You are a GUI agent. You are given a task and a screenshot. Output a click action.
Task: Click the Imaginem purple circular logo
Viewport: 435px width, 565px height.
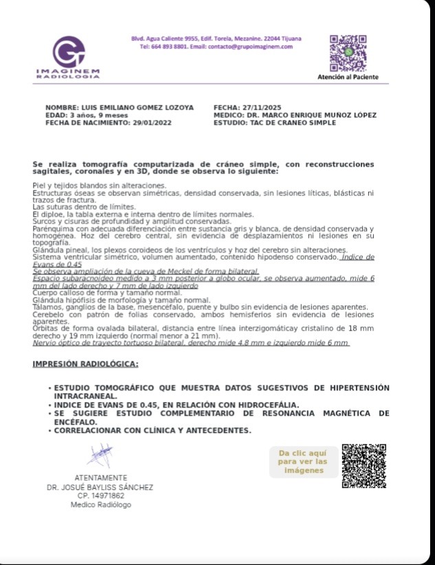tap(68, 52)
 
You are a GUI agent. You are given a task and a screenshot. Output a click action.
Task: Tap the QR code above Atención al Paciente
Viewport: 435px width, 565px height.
tap(347, 52)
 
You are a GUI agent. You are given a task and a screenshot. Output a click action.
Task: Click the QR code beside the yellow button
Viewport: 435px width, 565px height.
tap(364, 465)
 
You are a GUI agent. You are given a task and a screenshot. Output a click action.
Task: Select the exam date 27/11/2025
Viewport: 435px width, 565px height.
tap(258, 108)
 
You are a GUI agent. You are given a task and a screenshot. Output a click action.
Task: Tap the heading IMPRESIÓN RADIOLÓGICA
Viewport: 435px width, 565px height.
tap(85, 364)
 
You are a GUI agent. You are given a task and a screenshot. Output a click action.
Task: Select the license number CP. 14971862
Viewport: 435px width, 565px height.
tap(100, 496)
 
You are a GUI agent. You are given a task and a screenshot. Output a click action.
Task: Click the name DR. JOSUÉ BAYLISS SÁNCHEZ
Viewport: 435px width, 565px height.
tap(100, 487)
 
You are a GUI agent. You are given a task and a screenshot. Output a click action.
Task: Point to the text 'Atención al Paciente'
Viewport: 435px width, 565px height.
tap(347, 78)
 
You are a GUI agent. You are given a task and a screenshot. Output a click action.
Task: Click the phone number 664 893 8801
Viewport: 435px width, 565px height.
tap(171, 47)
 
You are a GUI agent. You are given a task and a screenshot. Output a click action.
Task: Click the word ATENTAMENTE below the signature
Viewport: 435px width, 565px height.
tap(100, 478)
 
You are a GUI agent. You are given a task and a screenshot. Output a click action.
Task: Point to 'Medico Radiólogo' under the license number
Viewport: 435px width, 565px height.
tap(100, 505)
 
